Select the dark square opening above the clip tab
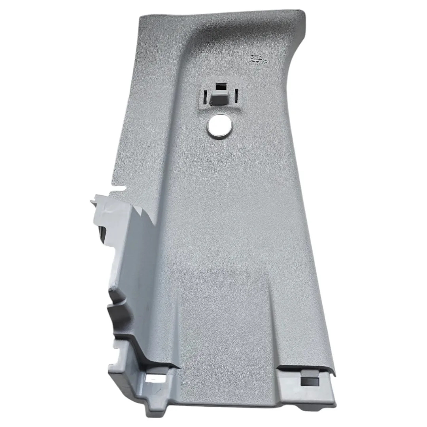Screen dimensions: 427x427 click(x=220, y=87)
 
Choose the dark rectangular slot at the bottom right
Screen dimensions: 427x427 click(x=309, y=382)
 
